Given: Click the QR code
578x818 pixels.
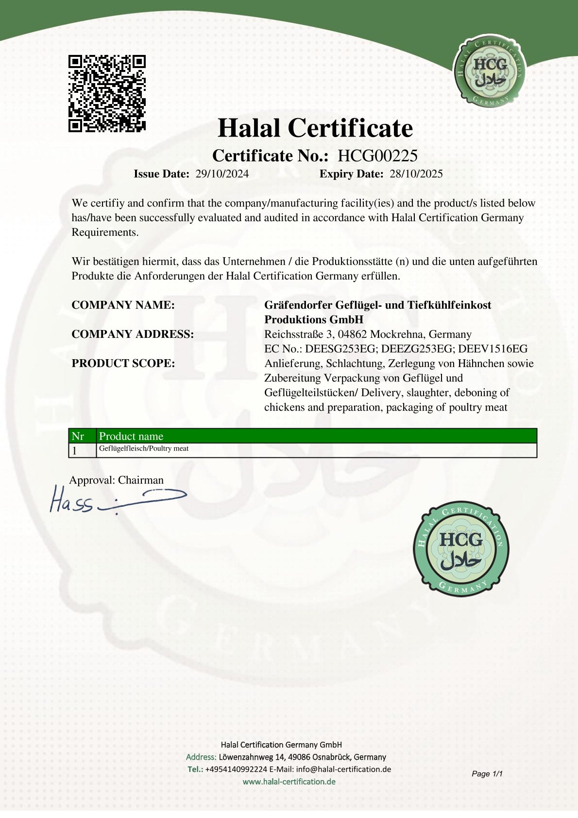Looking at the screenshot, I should pos(107,93).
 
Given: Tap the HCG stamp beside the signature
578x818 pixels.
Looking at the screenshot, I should pos(461,549).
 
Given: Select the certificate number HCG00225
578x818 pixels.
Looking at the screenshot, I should pos(377,156).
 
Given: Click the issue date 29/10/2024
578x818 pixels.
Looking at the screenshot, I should pos(222,174).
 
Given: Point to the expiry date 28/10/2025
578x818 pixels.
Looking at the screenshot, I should pos(416,174).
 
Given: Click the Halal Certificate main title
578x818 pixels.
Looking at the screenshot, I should pos(315,128).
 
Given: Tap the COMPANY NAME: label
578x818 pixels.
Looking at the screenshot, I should pos(123,305).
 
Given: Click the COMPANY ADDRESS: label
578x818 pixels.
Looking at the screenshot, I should pos(133,334).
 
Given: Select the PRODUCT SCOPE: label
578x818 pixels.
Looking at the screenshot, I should pos(123,364).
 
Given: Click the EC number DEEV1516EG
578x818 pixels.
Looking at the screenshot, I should pos(493,349).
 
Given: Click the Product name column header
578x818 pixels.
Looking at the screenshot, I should pos(131,436).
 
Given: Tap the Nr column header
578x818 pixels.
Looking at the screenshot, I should pos(78,436).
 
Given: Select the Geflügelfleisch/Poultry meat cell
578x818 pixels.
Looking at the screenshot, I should pos(144,449).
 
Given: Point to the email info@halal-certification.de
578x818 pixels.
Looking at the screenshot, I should pos(343,769).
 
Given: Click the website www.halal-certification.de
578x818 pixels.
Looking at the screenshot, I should pos(289,782).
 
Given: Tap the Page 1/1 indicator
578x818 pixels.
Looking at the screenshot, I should pos(487,773).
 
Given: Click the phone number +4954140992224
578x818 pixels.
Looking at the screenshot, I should pos(236,769).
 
